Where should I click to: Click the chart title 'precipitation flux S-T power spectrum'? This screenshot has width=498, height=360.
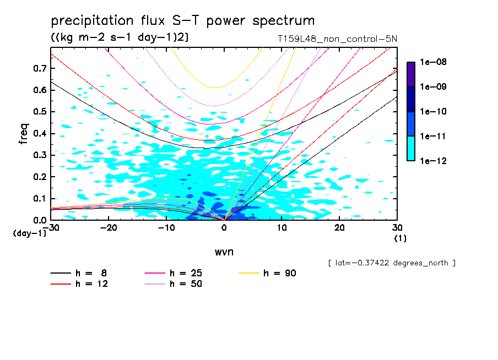click(x=182, y=21)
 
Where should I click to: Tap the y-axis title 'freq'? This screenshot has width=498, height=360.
click(x=24, y=133)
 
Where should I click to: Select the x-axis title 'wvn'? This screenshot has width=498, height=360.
click(x=224, y=252)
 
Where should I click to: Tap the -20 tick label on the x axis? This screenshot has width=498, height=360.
click(x=109, y=228)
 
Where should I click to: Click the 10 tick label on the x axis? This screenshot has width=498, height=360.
click(x=282, y=228)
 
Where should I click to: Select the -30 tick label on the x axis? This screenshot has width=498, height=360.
click(x=51, y=228)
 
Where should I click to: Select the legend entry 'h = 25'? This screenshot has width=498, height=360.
click(x=188, y=273)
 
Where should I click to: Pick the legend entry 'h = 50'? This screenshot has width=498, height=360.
click(x=188, y=284)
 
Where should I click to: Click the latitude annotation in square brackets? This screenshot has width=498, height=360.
click(x=391, y=263)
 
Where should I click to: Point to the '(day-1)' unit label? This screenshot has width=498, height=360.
click(x=29, y=233)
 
